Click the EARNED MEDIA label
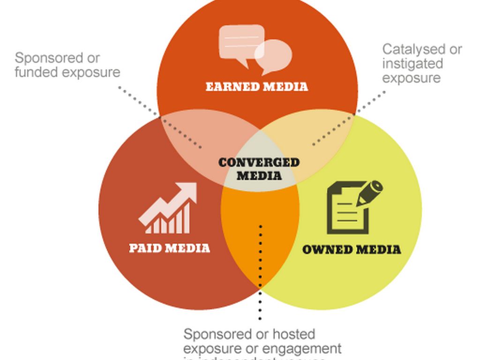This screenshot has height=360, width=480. [x=257, y=87]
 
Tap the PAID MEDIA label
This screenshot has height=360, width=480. [x=169, y=247]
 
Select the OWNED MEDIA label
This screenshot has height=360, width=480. [x=352, y=249]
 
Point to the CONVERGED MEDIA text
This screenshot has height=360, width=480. [x=259, y=169]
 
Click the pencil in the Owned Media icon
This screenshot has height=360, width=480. [x=370, y=193]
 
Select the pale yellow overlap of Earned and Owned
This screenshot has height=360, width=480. [x=319, y=141]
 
